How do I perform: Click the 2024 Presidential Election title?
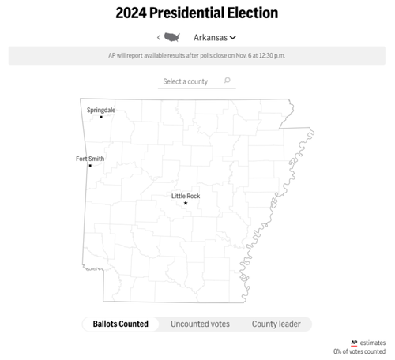[197, 13]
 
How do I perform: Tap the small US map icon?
[172, 37]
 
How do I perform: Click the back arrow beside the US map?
[159, 37]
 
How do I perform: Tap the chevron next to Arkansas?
[233, 37]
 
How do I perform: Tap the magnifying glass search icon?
[228, 81]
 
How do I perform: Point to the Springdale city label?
[100, 110]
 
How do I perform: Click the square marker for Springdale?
[101, 117]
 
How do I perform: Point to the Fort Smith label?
[89, 159]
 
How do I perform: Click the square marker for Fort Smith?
[90, 166]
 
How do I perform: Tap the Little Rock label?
[186, 196]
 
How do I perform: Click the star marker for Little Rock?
[186, 203]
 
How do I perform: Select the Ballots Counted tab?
[120, 324]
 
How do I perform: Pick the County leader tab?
[276, 324]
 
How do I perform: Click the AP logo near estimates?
[354, 343]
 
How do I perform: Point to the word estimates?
[373, 343]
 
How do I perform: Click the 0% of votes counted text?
[361, 351]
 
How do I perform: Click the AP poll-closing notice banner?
[197, 56]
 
